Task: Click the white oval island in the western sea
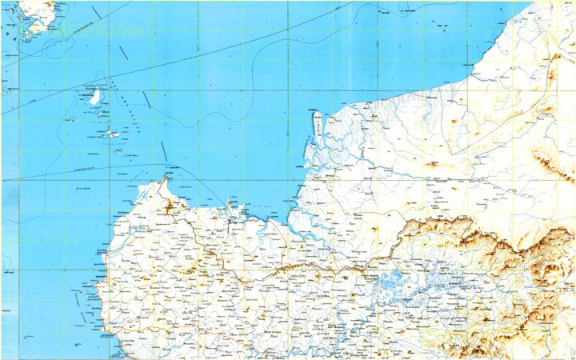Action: (x=95, y=98)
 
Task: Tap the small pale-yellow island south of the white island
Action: (x=113, y=134)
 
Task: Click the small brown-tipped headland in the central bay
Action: (x=233, y=210)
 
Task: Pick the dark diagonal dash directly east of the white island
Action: (x=146, y=99)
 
